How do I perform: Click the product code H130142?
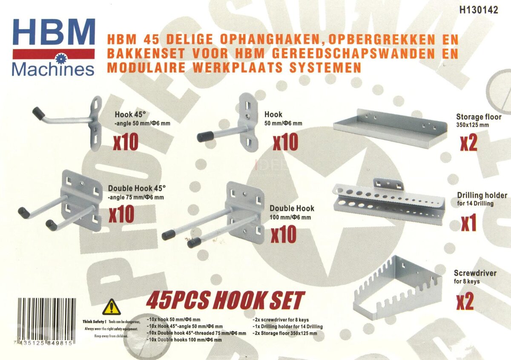click(478, 11)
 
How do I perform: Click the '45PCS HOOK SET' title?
click(225, 301)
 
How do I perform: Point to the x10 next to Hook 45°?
click(126, 141)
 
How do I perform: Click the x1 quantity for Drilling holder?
click(468, 223)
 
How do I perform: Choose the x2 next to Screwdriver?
click(465, 301)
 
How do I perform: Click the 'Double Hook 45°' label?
click(137, 188)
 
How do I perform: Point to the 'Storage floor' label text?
click(479, 117)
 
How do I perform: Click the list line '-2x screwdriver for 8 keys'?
click(281, 320)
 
